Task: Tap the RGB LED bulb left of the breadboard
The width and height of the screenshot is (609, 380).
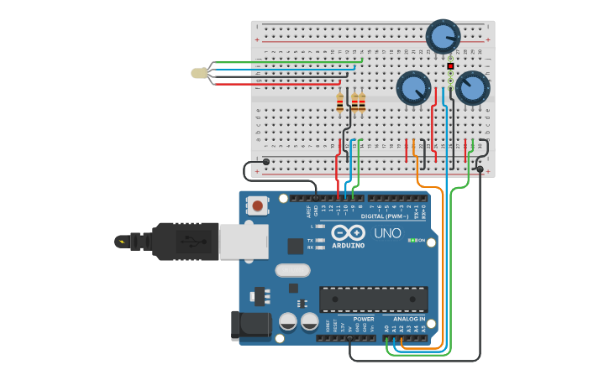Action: (x=199, y=73)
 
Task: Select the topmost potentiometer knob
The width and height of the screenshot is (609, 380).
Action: (x=443, y=36)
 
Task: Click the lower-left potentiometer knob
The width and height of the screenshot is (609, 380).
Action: (x=413, y=88)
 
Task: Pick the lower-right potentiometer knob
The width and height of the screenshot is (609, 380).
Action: (x=472, y=88)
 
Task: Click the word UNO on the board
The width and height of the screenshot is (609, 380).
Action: (x=387, y=233)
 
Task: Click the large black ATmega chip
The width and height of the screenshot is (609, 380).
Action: (x=374, y=299)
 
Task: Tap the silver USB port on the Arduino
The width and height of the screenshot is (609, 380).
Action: (x=244, y=241)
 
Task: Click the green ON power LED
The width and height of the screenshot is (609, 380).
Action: (x=413, y=240)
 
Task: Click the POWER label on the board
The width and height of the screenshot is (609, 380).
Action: (x=364, y=319)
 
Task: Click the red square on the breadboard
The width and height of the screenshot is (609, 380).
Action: (x=451, y=65)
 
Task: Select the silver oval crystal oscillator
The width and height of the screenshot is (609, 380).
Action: (x=292, y=270)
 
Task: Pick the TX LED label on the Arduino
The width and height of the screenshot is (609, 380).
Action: (x=310, y=240)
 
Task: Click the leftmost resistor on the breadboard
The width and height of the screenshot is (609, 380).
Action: (x=340, y=103)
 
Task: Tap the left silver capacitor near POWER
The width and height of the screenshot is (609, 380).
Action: (x=288, y=322)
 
